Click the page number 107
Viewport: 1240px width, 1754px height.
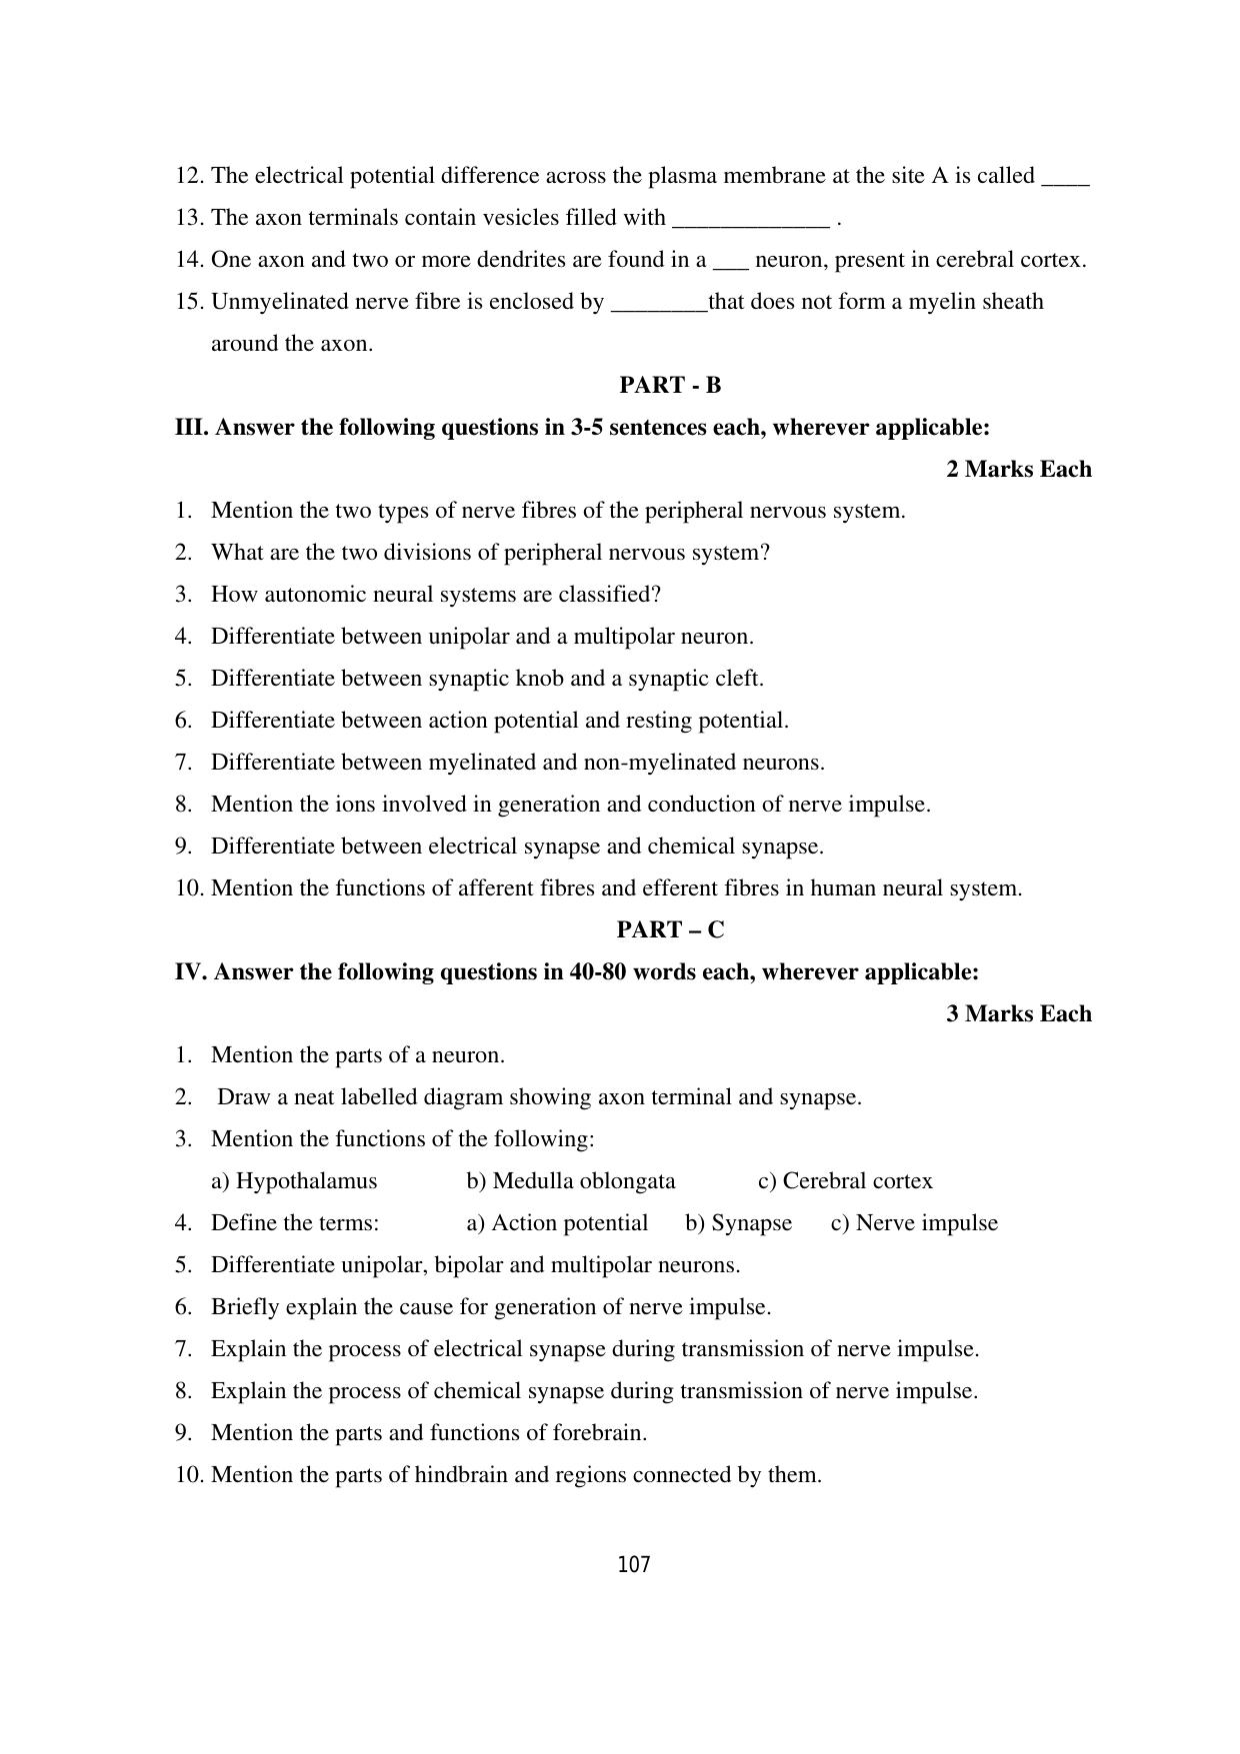pos(634,1565)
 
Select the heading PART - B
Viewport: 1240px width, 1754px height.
pos(670,386)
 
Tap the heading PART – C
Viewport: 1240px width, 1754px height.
pos(670,930)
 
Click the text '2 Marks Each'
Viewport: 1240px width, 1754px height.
pos(1018,470)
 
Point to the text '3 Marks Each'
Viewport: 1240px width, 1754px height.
pos(1018,1014)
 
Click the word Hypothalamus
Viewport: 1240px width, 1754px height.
pos(306,1181)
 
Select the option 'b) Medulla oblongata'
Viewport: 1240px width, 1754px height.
pos(570,1181)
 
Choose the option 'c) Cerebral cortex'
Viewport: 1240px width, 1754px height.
pos(845,1181)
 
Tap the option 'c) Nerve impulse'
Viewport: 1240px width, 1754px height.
pos(914,1223)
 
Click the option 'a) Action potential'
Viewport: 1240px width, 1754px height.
pos(557,1223)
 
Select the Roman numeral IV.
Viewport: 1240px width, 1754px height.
pos(190,972)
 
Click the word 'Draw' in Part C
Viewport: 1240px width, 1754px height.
pos(241,1097)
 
